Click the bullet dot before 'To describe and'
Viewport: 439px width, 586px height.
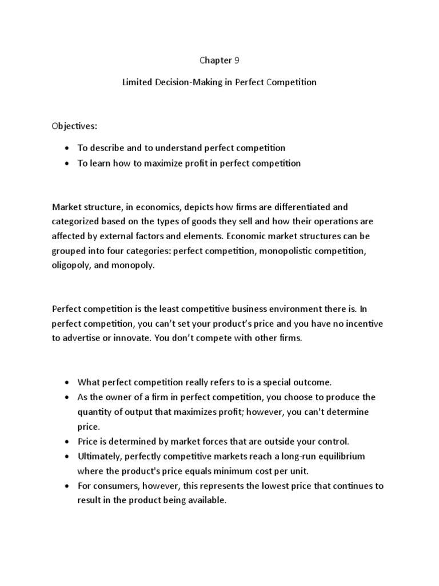67,148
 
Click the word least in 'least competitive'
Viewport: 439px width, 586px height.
163,309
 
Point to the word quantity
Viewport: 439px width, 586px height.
95,412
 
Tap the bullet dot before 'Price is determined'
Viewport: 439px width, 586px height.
67,442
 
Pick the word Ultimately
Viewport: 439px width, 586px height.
99,456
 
